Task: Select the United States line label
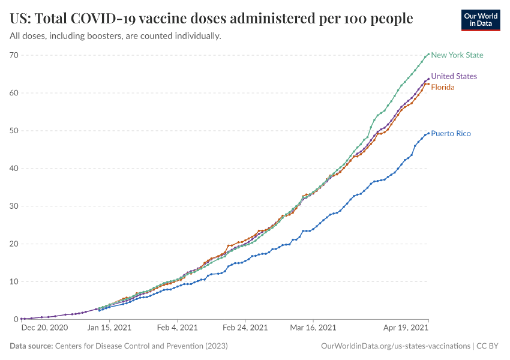(x=454, y=76)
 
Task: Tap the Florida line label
(x=443, y=87)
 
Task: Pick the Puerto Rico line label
(x=451, y=133)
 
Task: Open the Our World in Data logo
(x=480, y=20)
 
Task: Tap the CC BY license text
(x=489, y=346)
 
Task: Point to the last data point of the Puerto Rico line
(x=428, y=133)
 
